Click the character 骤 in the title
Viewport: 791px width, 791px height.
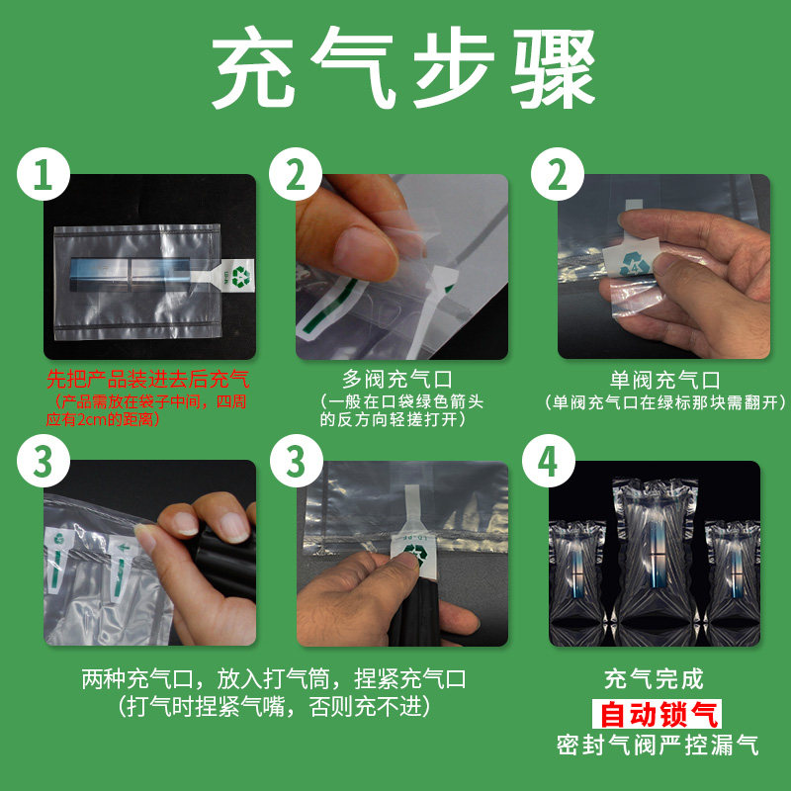553,67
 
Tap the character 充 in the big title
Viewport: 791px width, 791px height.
253,67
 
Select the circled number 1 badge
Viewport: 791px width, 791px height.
43,175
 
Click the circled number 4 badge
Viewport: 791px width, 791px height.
549,461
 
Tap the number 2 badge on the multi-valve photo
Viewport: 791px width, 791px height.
296,175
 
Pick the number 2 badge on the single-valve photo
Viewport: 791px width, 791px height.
558,175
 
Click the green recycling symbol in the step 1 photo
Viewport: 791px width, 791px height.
240,277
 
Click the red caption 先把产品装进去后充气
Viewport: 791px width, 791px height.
148,380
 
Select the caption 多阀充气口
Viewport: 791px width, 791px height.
397,380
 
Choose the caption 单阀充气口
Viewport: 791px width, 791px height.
664,380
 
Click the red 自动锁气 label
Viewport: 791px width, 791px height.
657,714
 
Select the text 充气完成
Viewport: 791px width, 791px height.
654,679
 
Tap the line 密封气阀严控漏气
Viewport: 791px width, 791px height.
658,746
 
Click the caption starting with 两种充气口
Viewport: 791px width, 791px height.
274,679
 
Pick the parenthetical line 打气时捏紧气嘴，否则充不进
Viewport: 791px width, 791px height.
275,707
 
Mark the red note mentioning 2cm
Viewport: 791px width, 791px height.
146,410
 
